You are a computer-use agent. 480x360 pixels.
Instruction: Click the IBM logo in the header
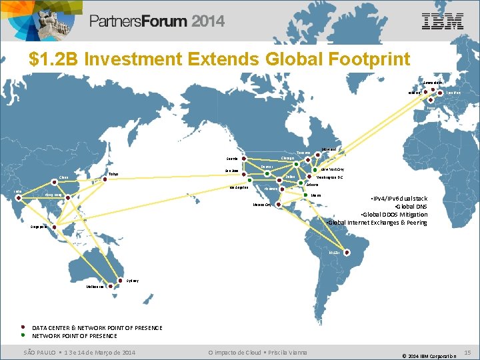(x=443, y=21)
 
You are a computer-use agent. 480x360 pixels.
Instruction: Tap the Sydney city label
(x=132, y=281)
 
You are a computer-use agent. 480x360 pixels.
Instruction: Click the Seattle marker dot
(x=245, y=159)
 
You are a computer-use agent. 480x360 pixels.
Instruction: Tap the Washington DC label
(x=329, y=178)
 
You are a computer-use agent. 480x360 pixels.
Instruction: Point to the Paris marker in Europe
(x=431, y=101)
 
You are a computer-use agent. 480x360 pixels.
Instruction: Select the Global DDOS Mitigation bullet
(x=393, y=215)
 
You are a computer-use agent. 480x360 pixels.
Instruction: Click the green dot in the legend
(x=23, y=336)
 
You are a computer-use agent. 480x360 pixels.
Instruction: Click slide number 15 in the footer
(x=467, y=352)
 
